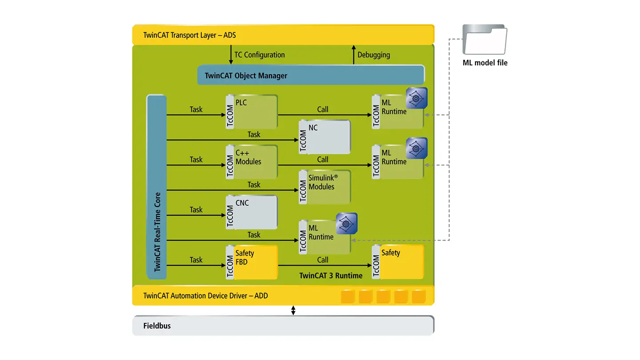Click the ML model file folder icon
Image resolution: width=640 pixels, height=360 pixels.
click(x=485, y=40)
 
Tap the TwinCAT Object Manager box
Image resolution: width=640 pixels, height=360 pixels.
click(x=311, y=75)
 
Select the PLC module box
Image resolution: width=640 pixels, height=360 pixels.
click(x=252, y=112)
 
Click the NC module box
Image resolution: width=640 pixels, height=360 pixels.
click(x=324, y=137)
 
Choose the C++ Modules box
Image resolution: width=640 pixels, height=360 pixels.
click(x=252, y=162)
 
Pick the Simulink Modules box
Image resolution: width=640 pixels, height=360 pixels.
click(x=324, y=187)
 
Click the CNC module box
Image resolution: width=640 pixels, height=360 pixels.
click(x=252, y=212)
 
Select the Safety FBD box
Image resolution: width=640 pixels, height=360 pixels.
click(x=252, y=262)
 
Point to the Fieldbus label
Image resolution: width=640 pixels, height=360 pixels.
click(x=157, y=326)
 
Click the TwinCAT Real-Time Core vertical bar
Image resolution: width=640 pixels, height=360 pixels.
click(x=156, y=187)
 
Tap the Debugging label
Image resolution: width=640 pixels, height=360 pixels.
click(x=374, y=55)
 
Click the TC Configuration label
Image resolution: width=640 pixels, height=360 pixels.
click(x=260, y=55)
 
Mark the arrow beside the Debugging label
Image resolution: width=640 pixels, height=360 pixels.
click(x=353, y=55)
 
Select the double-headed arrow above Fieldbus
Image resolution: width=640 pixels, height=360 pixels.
click(x=293, y=310)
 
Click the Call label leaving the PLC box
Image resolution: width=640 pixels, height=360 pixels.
click(x=323, y=109)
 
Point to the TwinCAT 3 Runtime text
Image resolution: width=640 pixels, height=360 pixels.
click(x=331, y=276)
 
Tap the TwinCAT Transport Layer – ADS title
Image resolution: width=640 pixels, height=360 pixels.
click(x=189, y=35)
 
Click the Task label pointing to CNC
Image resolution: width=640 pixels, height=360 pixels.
click(x=196, y=210)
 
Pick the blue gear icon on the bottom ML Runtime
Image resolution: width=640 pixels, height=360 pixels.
click(x=347, y=224)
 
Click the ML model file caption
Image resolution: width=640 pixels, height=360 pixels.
click(x=485, y=63)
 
